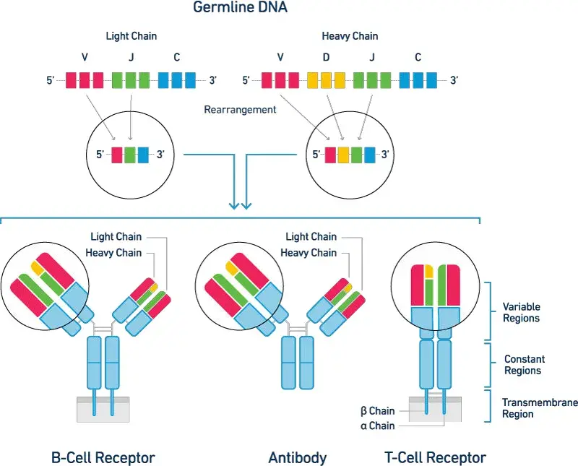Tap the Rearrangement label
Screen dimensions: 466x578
241,110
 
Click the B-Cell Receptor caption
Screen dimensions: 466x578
103,457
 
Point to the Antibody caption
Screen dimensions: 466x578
297,457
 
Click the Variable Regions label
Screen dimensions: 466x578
521,312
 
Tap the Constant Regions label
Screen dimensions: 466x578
524,365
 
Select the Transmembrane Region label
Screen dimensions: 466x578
527,408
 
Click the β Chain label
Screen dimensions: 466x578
377,411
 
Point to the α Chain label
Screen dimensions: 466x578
377,426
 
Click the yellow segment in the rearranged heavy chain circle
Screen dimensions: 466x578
344,154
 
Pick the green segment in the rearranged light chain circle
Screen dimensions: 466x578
130,154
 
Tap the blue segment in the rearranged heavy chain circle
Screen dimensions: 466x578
370,154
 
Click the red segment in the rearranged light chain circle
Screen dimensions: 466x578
117,154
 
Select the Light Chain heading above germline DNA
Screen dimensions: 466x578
131,35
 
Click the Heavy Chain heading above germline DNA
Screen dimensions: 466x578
350,35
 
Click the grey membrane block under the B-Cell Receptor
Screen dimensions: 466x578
103,408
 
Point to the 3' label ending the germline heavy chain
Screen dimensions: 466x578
454,81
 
